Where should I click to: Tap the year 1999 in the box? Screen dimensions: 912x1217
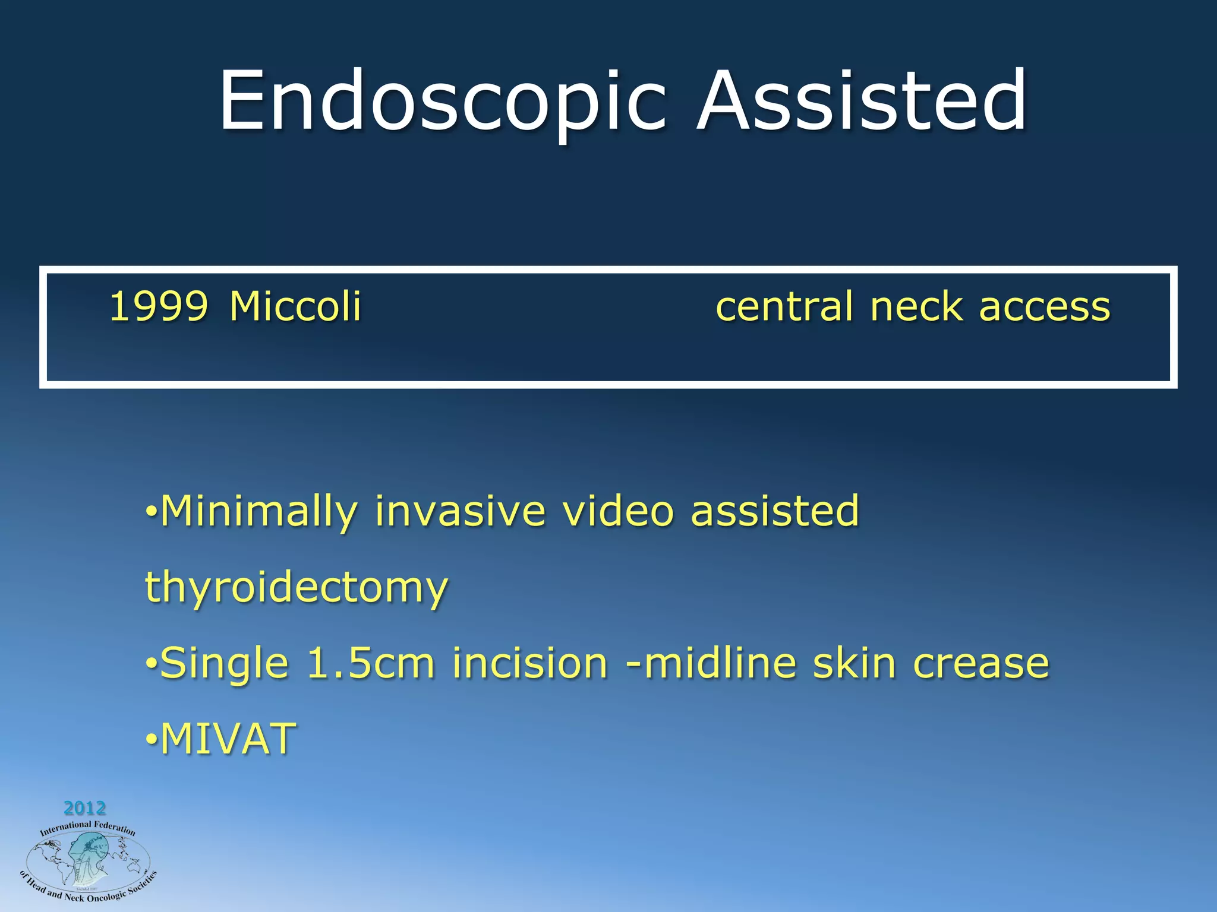tap(159, 307)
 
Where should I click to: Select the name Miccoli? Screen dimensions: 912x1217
tap(295, 307)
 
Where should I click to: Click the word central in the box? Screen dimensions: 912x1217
tap(784, 307)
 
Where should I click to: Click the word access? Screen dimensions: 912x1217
tap(1044, 307)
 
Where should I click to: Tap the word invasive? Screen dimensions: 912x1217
tap(460, 511)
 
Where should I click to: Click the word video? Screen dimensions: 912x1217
tap(618, 511)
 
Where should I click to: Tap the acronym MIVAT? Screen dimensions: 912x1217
tap(228, 739)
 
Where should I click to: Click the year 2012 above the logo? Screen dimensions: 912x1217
tap(84, 808)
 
